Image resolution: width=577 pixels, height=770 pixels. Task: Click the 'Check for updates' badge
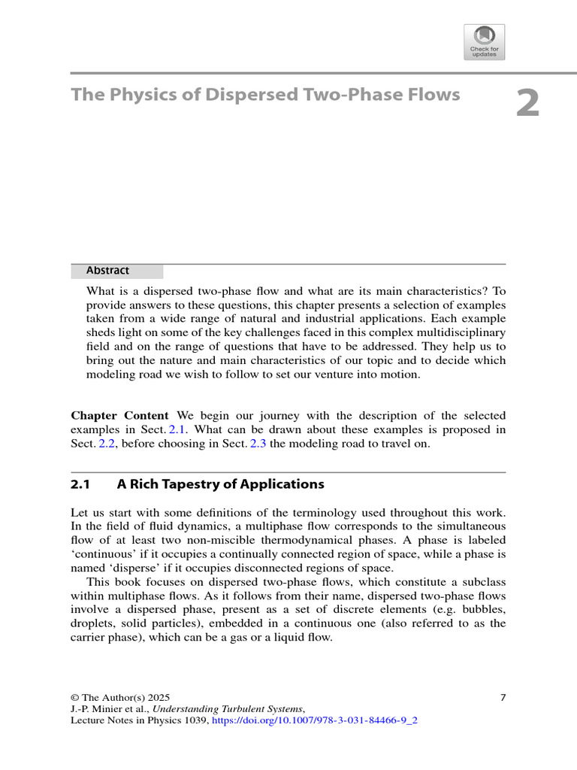coord(485,42)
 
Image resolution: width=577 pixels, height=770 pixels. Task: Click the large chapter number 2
coord(527,104)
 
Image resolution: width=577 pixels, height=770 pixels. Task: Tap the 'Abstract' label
coord(107,271)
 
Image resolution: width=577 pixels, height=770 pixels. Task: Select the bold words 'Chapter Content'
coord(121,416)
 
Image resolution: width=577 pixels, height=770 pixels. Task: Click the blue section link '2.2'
coord(108,444)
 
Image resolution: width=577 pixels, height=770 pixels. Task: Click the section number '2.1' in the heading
coord(80,484)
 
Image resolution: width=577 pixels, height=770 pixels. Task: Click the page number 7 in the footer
coord(503,697)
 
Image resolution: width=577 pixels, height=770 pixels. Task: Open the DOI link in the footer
coord(315,720)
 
